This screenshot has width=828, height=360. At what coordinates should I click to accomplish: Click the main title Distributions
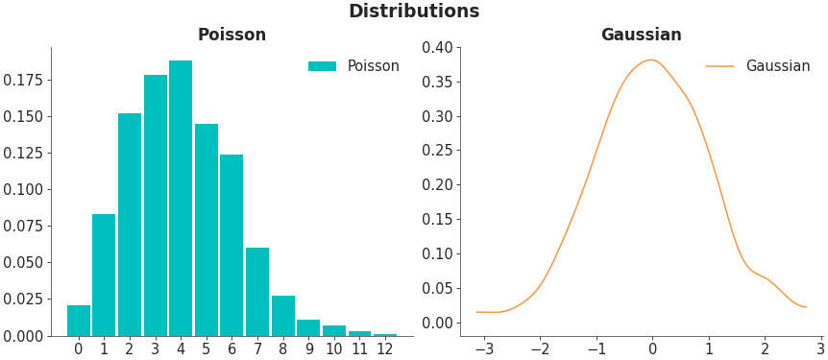(413, 12)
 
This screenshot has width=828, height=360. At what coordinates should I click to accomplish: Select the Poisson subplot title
(231, 36)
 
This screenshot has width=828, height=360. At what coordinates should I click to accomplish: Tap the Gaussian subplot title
(641, 36)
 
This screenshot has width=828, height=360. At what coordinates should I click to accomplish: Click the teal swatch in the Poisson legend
(322, 66)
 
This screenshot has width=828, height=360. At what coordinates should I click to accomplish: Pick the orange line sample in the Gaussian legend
(719, 66)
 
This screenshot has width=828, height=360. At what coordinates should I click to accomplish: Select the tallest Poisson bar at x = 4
(181, 198)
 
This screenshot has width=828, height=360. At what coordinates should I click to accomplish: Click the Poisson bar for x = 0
(79, 321)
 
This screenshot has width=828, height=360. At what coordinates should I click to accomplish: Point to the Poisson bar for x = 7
(257, 292)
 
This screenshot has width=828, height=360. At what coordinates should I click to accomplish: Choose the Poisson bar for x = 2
(130, 225)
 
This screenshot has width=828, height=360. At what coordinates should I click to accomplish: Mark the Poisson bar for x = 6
(231, 245)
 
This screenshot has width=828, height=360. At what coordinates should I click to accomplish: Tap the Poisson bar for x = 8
(282, 316)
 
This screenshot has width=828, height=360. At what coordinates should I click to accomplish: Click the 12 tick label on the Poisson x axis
(385, 349)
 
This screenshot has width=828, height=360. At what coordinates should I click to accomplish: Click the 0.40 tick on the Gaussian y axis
(437, 47)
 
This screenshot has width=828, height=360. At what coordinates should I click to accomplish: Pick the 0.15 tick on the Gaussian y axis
(437, 219)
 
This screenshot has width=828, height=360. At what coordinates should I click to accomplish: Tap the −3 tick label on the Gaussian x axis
(483, 349)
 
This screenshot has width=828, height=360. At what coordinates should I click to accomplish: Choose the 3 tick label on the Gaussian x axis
(820, 349)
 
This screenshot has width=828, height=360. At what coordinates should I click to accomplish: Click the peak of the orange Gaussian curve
(651, 60)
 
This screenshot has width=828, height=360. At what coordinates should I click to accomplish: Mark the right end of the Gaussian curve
(806, 307)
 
